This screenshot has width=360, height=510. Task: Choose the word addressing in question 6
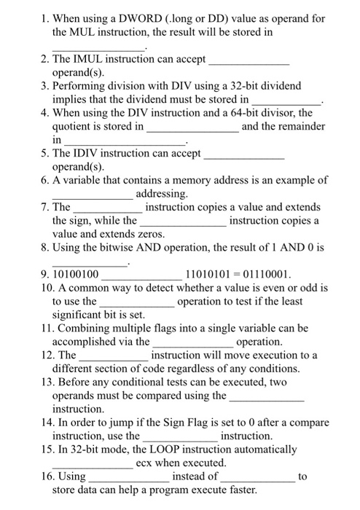[x=162, y=193]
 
